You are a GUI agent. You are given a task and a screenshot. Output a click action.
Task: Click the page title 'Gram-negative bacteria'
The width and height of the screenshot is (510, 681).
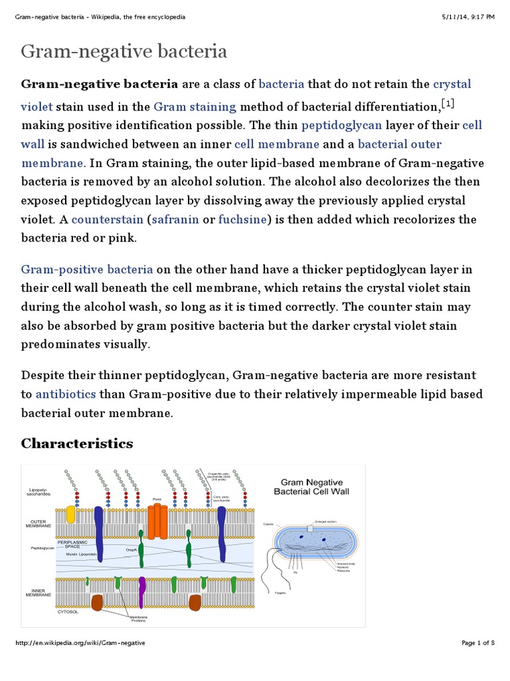coord(124,51)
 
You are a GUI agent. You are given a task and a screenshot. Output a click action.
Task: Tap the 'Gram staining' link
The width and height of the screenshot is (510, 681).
coord(195,106)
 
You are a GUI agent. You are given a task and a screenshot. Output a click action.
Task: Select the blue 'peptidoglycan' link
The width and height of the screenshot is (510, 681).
coord(341,126)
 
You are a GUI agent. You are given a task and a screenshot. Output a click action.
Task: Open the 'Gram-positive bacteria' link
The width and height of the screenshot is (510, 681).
coord(87,269)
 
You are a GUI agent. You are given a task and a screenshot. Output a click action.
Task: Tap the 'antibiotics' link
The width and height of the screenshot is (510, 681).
coord(67,394)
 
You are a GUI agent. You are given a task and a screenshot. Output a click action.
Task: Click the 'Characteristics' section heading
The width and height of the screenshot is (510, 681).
coord(77,444)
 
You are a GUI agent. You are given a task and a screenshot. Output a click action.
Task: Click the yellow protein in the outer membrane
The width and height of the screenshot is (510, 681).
coord(70,515)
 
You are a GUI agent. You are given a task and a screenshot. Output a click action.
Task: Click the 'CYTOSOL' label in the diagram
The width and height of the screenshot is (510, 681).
coord(68,611)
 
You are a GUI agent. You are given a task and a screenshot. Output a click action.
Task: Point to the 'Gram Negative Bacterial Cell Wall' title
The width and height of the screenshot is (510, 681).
coord(311,487)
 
